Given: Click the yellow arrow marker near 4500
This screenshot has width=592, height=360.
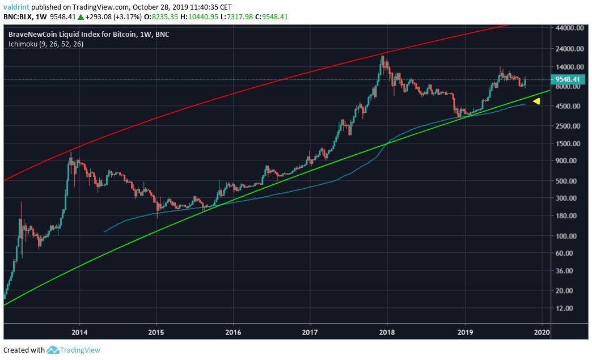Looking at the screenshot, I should (x=536, y=101).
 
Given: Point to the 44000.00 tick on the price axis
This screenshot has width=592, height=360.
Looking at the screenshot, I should (x=569, y=28).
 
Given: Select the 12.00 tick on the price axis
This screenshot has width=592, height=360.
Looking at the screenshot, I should (x=565, y=308).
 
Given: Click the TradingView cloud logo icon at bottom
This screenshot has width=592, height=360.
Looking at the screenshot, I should (x=53, y=350).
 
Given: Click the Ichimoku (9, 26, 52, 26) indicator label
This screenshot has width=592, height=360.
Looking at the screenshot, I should (x=46, y=44).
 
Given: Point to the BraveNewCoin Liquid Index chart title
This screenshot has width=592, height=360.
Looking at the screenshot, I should (x=88, y=35).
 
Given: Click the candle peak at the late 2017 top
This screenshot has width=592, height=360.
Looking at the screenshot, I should (x=384, y=56).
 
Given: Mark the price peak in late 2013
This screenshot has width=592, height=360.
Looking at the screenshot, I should (x=70, y=151).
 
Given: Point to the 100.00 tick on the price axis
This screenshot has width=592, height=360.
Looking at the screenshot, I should (x=566, y=236).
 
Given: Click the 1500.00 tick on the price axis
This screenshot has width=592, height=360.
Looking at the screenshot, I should (x=566, y=143).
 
